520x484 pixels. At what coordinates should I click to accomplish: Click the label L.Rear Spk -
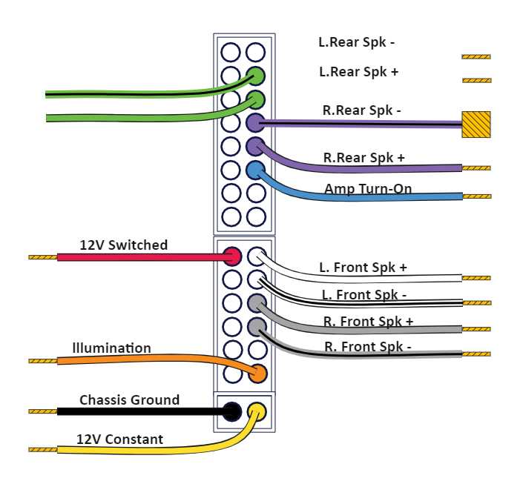tap(356, 42)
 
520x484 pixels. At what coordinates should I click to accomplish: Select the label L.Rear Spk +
tap(358, 72)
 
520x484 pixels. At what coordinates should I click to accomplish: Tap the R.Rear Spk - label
tap(361, 110)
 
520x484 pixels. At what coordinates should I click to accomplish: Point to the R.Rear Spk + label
tap(363, 157)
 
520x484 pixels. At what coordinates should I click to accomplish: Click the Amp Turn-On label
tap(368, 189)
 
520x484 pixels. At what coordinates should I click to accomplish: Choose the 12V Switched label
tap(124, 245)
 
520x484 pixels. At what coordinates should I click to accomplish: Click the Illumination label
tap(111, 348)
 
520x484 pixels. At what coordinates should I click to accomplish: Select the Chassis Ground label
tap(129, 400)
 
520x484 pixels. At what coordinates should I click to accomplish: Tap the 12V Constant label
tap(119, 440)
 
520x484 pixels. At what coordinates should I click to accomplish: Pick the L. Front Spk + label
tap(363, 267)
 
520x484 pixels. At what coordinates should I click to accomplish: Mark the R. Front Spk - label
tap(367, 346)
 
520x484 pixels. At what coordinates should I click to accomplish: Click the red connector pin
tap(231, 256)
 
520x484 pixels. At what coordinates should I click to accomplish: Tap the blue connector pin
tap(255, 170)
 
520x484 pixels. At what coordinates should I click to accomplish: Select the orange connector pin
tap(257, 373)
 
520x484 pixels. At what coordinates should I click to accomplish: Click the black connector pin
tap(231, 410)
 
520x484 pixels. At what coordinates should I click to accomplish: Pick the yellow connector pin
tap(256, 410)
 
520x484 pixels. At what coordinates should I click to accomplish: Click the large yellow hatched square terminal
tap(475, 124)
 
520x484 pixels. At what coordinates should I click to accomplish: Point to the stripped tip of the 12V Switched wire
tap(42, 257)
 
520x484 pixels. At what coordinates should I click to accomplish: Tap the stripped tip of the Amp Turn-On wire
tap(475, 196)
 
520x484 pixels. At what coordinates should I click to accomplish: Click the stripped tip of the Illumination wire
tap(42, 361)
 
